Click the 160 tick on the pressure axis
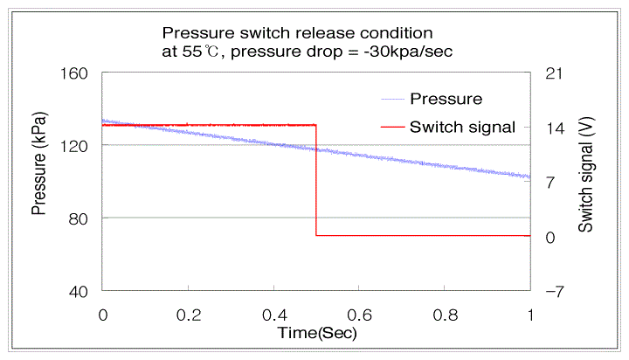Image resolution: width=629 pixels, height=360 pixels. (73, 73)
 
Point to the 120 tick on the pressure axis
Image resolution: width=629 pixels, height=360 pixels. (73, 147)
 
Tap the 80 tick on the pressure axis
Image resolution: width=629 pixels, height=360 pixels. (79, 219)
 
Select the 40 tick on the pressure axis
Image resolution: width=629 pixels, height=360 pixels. (79, 292)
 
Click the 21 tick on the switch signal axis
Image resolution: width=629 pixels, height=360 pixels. (554, 73)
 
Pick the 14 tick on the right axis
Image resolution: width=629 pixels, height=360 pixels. (556, 128)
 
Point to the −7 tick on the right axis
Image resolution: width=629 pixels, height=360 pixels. (555, 292)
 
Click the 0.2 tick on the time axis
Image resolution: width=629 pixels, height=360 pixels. (189, 315)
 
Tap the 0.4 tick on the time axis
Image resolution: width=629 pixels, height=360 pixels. (275, 315)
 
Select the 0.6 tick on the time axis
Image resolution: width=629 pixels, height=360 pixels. (359, 315)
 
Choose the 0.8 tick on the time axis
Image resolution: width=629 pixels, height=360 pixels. (446, 315)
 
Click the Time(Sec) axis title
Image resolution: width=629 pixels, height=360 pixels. (317, 333)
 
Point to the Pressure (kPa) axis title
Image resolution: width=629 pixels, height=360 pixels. (39, 163)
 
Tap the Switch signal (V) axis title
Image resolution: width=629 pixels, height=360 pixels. (585, 175)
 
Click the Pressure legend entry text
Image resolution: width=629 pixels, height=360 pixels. (446, 99)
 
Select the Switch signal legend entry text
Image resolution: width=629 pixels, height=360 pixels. (462, 128)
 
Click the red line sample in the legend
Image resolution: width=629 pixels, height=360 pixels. (393, 128)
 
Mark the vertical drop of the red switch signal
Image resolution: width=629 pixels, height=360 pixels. (316, 180)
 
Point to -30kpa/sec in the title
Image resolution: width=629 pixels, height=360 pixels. (408, 52)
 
